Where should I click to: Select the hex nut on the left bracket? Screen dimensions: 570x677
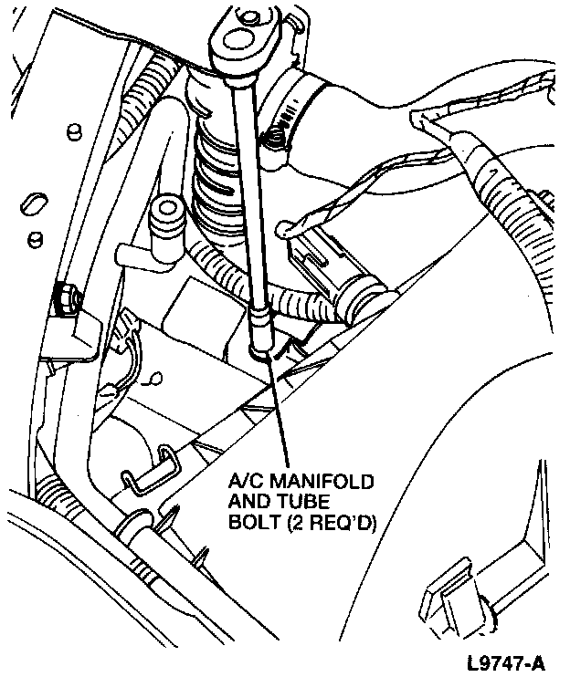click(66, 297)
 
